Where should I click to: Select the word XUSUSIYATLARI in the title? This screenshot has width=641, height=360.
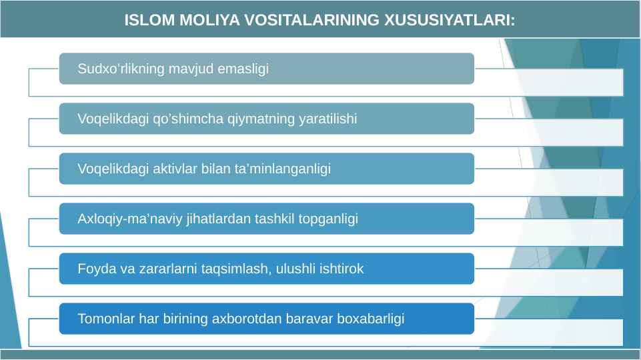(449, 20)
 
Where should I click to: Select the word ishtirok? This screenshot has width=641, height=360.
(342, 269)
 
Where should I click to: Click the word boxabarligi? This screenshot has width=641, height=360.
(371, 319)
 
